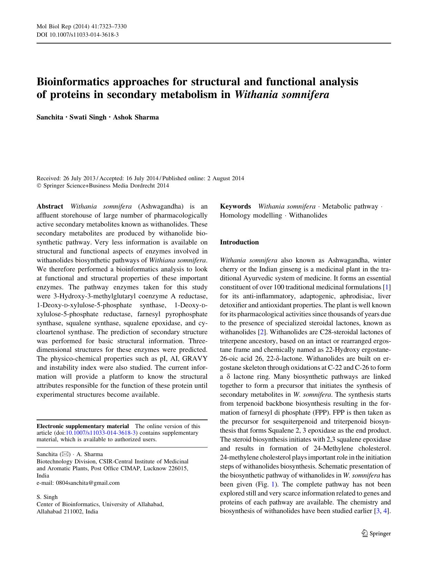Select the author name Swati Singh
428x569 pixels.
point(88,117)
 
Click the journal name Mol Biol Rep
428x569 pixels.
point(52,27)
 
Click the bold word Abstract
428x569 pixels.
point(50,206)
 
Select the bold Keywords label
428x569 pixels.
point(235,206)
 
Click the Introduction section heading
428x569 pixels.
point(239,242)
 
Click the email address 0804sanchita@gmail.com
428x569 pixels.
point(88,483)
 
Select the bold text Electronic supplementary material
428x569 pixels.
point(83,426)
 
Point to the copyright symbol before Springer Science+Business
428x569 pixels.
point(39,186)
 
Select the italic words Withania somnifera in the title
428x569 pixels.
point(281,95)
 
